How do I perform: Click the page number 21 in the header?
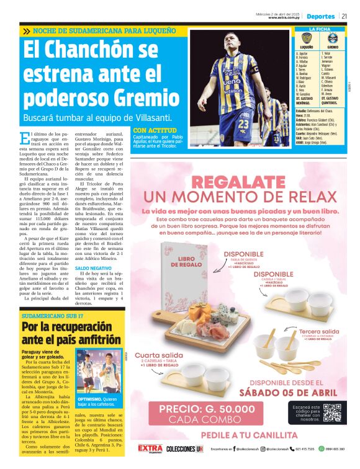pos(343,16)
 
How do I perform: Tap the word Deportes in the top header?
pos(320,16)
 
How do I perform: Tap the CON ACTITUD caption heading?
pos(151,130)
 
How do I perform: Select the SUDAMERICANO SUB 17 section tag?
pos(52,316)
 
